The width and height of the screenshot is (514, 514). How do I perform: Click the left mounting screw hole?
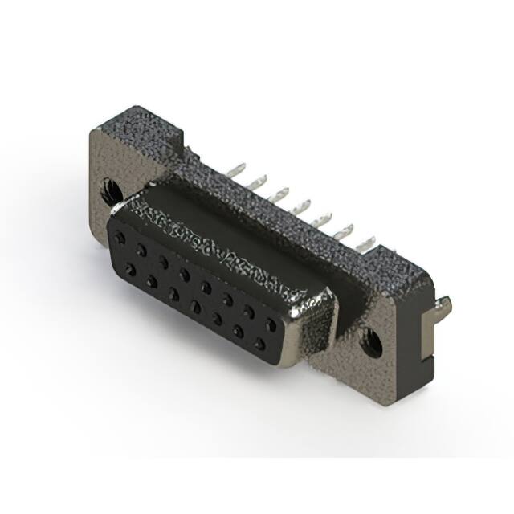point(109,192)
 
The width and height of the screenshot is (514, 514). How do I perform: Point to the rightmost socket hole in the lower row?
point(259,344)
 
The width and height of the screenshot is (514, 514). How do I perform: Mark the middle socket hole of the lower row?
point(195,306)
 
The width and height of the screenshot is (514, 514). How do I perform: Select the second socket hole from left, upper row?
point(141,251)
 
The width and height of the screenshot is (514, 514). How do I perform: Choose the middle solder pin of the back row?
point(303,206)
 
